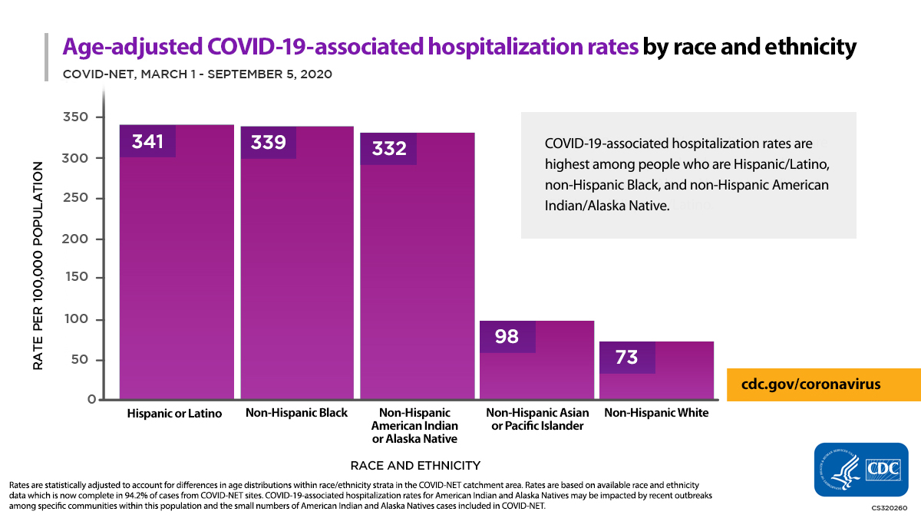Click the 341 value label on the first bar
click(x=147, y=141)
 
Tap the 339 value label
click(x=268, y=143)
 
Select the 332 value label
click(x=389, y=148)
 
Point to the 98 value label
click(x=507, y=336)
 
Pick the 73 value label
click(x=627, y=357)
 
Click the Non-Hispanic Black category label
click(x=296, y=413)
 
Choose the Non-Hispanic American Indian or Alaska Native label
click(x=415, y=426)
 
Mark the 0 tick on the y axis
click(x=91, y=400)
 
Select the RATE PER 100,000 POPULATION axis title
click(x=38, y=266)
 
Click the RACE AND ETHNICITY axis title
click(x=415, y=465)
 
